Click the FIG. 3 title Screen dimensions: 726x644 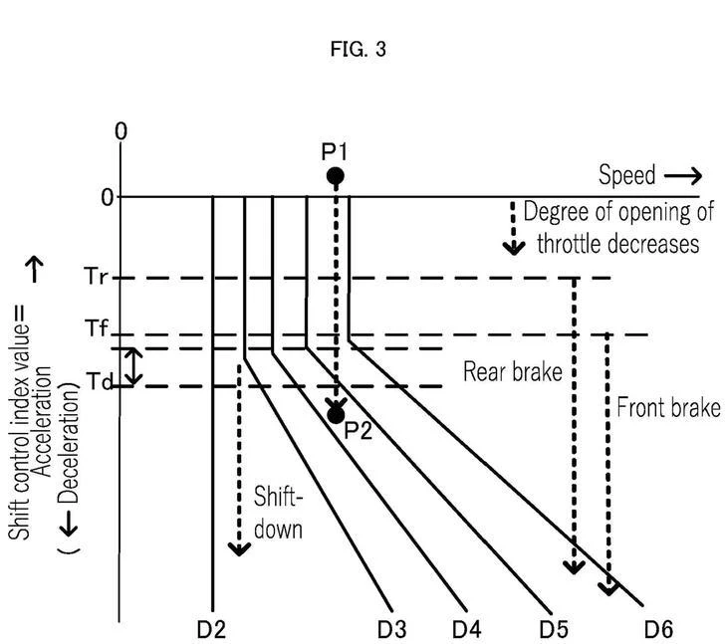click(x=358, y=49)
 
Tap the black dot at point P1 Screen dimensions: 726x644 click(x=336, y=176)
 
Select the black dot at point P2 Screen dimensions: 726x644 click(x=336, y=415)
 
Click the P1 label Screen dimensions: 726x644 click(x=335, y=151)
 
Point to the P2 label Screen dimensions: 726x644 click(x=359, y=431)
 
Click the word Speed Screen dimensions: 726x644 click(x=627, y=175)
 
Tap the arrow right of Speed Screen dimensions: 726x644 click(x=683, y=176)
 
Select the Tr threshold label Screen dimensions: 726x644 click(x=97, y=277)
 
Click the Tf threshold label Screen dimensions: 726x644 click(x=97, y=328)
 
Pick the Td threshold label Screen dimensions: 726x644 click(x=99, y=382)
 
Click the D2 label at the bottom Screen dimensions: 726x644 click(x=211, y=630)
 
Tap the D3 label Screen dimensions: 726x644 click(x=392, y=630)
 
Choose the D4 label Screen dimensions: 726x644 click(x=467, y=630)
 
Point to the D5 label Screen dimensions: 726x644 click(x=554, y=630)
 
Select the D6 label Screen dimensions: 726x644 click(x=659, y=630)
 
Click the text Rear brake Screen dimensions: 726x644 click(x=513, y=372)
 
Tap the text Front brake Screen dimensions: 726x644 click(x=669, y=408)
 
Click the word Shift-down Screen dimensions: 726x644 click(x=278, y=513)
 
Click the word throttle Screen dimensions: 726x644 click(x=569, y=244)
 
